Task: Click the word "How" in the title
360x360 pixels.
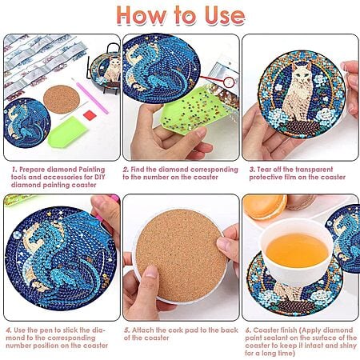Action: click(x=142, y=15)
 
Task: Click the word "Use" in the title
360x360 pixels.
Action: click(x=225, y=15)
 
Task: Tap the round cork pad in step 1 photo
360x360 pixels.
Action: click(x=62, y=99)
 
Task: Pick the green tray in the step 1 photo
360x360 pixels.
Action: click(x=68, y=131)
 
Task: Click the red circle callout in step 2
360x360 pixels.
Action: click(x=230, y=82)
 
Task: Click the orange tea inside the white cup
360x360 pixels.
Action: click(x=297, y=250)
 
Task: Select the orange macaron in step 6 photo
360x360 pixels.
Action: click(x=265, y=206)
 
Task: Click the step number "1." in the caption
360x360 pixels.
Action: click(x=14, y=170)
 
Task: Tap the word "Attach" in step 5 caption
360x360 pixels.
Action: click(x=143, y=330)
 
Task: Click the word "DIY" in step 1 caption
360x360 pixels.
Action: click(x=99, y=177)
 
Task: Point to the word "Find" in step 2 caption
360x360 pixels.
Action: click(x=138, y=170)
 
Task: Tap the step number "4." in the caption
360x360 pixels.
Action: click(x=9, y=330)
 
